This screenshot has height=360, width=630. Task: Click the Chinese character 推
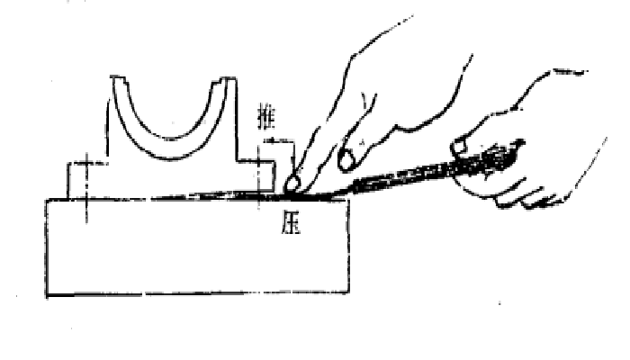266,119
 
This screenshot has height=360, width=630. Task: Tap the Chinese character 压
291,223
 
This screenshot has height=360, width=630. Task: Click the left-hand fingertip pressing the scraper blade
292,184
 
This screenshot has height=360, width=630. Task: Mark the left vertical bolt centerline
86,187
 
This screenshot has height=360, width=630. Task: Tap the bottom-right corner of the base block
348,292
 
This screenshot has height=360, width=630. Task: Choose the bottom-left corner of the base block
48,295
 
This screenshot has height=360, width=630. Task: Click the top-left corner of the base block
48,200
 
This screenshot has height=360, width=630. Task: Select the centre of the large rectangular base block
198,247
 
